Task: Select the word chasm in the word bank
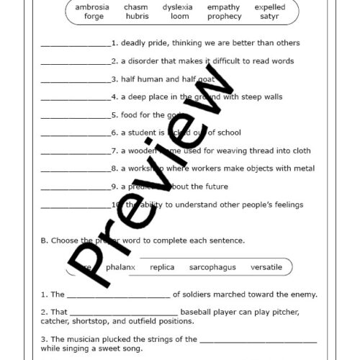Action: (x=135, y=7)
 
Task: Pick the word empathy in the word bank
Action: (x=223, y=7)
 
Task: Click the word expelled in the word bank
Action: (x=270, y=7)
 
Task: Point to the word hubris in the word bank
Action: (x=135, y=16)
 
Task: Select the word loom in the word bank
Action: (x=180, y=16)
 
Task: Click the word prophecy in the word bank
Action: (x=223, y=16)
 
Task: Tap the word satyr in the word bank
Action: (x=270, y=16)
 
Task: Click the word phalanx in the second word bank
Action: (x=121, y=267)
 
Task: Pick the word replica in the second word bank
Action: (x=162, y=267)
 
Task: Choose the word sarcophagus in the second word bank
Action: (x=212, y=267)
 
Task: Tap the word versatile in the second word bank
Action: (x=266, y=267)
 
